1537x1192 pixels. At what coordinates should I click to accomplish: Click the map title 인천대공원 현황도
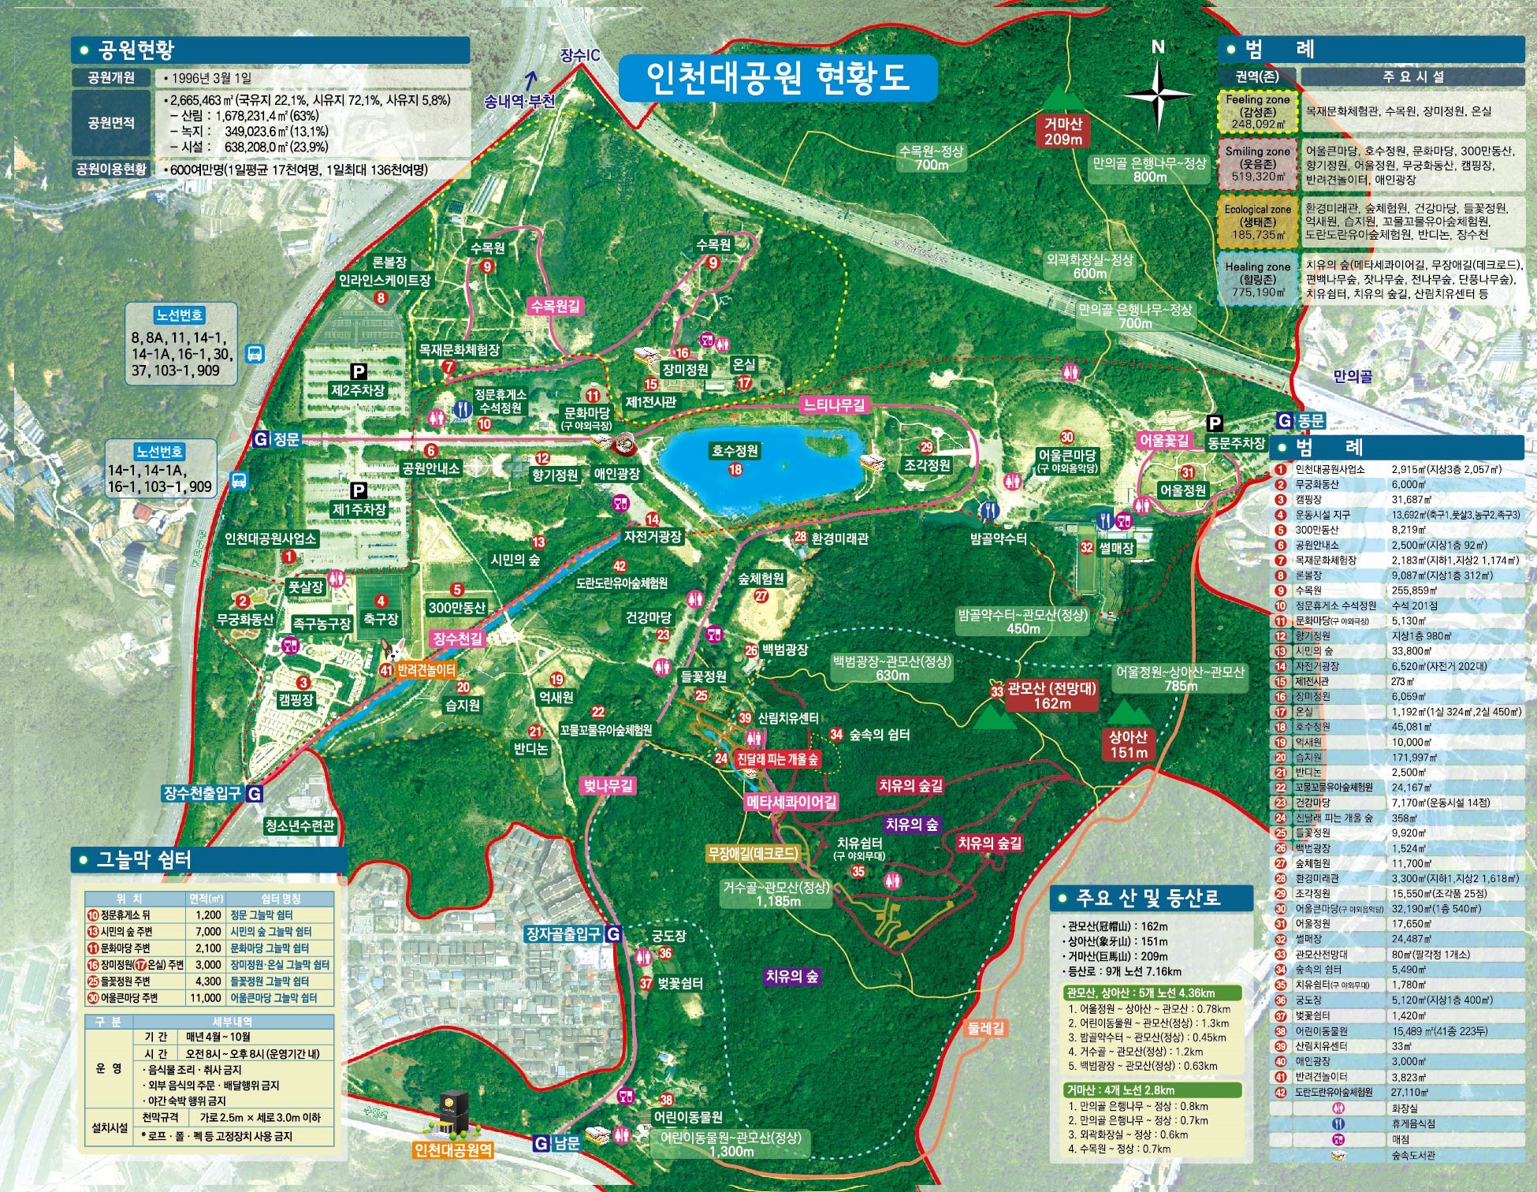pos(777,77)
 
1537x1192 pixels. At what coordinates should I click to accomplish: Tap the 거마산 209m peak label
pos(1063,131)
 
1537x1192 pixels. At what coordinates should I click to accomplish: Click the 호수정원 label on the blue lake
pos(735,451)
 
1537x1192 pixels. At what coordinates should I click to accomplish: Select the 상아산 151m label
pos(1128,743)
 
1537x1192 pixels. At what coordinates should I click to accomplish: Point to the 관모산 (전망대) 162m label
pos(1051,695)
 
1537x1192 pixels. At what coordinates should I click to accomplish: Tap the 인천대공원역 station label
pos(453,1149)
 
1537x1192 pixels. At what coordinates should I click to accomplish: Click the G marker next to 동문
pos(1285,420)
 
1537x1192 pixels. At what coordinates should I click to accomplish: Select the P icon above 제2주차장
pos(359,371)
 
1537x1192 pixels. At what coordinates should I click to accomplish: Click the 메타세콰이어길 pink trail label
pos(791,802)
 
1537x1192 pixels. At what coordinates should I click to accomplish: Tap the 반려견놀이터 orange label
pos(426,670)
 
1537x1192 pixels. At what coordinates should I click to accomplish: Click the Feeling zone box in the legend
pos(1258,111)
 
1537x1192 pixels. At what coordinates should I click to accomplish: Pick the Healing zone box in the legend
pos(1258,279)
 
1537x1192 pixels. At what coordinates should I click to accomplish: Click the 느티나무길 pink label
pos(834,405)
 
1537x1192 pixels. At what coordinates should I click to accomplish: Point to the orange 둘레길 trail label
pos(986,1028)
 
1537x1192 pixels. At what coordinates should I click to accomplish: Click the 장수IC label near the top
pos(580,55)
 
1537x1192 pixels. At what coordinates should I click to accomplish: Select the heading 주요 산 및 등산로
pos(1152,897)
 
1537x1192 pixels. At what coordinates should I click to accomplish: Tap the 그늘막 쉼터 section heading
pos(143,859)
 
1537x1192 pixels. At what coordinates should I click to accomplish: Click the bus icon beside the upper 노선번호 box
pos(255,353)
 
